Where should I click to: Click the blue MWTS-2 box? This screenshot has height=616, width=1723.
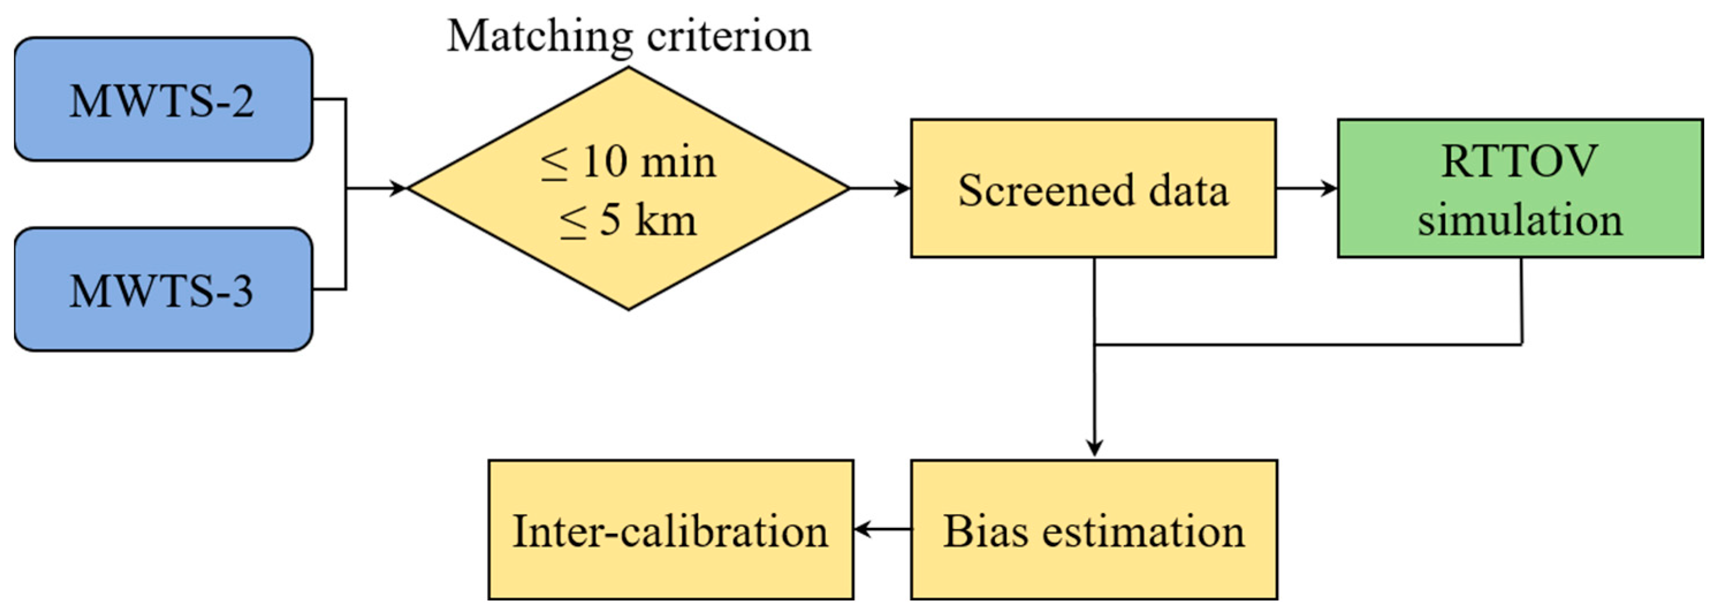pyautogui.click(x=162, y=99)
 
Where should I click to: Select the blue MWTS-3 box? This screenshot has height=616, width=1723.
pyautogui.click(x=162, y=289)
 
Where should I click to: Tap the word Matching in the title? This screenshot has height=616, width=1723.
pyautogui.click(x=539, y=37)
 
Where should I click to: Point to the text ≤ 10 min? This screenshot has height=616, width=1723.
pyautogui.click(x=628, y=162)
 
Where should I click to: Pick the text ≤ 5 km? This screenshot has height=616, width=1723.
pyautogui.click(x=628, y=220)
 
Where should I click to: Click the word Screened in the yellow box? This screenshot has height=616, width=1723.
pyautogui.click(x=1045, y=190)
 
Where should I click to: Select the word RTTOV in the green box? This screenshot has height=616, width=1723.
pyautogui.click(x=1519, y=161)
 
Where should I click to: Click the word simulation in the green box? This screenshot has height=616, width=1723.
pyautogui.click(x=1520, y=219)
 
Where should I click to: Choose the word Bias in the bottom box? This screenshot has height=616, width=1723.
pyautogui.click(x=984, y=532)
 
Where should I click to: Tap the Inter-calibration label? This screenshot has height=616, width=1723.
pyautogui.click(x=670, y=532)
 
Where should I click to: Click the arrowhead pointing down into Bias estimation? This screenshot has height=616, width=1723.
pyautogui.click(x=1094, y=447)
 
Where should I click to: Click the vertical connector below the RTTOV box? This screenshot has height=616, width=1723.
pyautogui.click(x=1522, y=301)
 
